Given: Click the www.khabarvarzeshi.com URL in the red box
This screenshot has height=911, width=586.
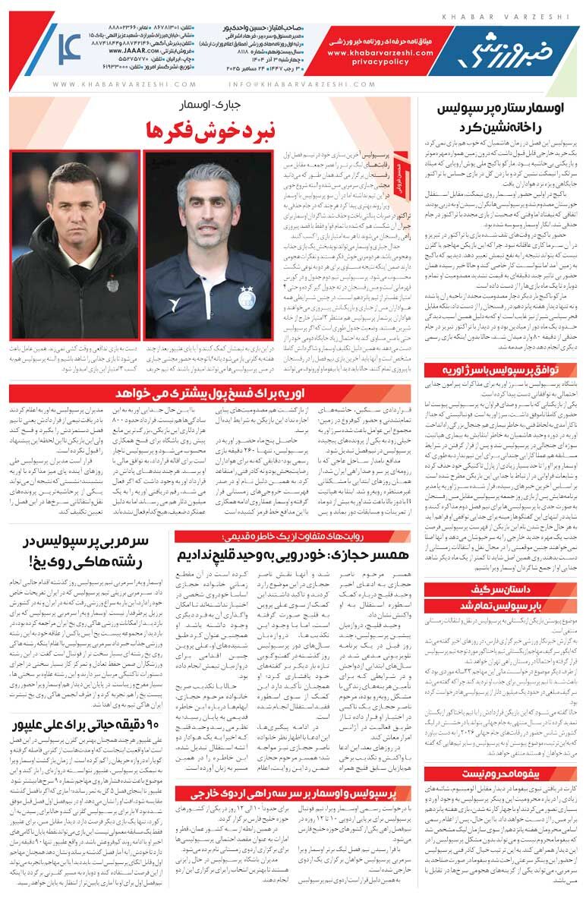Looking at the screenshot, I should (380, 53).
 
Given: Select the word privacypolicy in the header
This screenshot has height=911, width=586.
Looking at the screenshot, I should (380, 64).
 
